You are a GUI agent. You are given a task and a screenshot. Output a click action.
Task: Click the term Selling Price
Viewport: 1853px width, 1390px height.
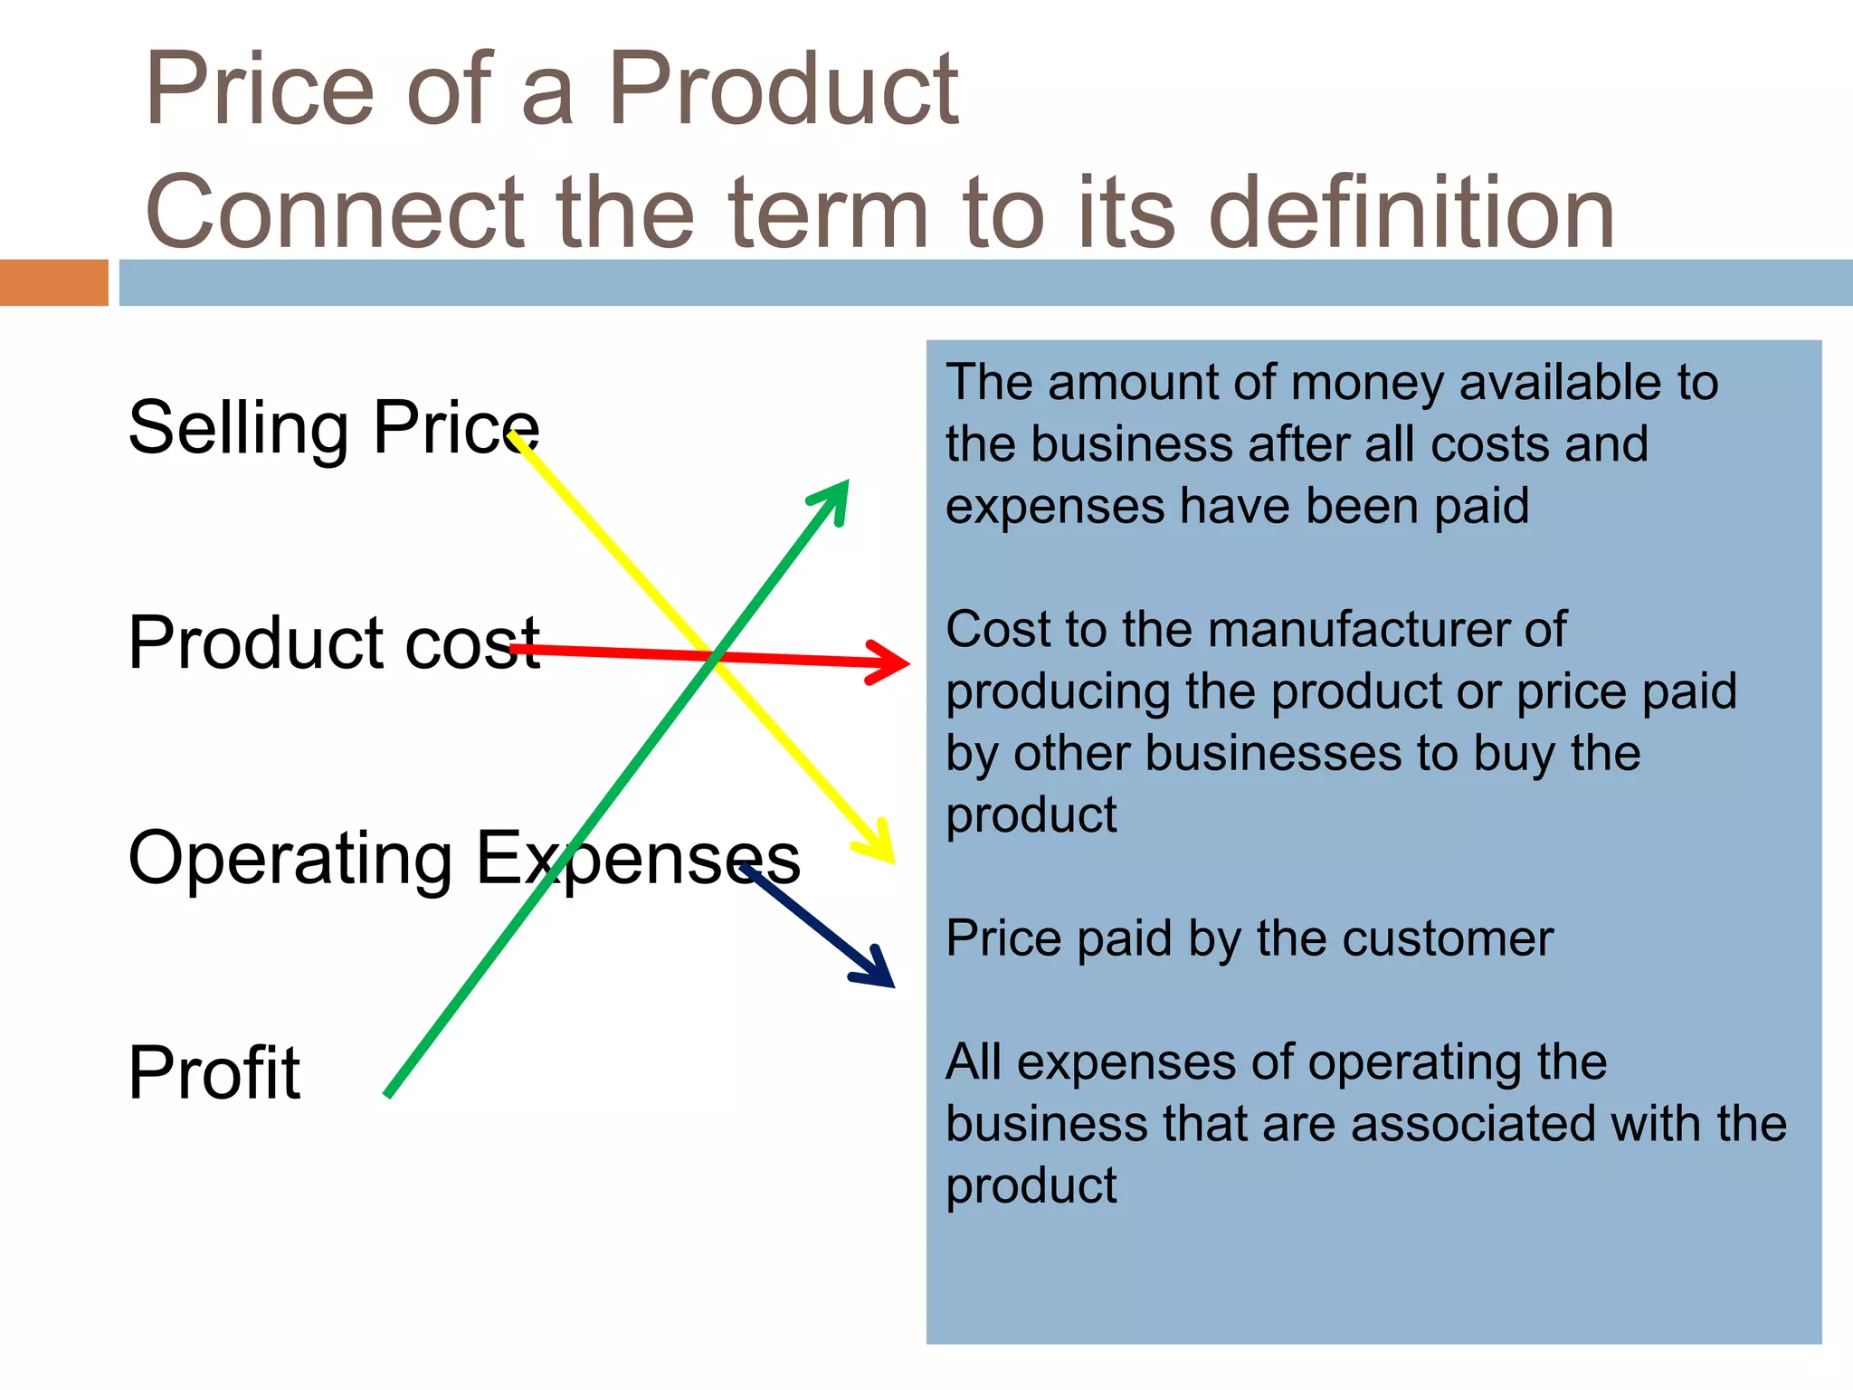[333, 427]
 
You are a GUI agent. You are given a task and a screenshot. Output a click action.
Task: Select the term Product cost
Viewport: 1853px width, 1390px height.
[333, 643]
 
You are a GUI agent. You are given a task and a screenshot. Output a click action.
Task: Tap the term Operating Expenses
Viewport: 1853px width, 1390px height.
[463, 858]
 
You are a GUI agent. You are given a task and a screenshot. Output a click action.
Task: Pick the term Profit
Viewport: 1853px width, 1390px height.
[214, 1072]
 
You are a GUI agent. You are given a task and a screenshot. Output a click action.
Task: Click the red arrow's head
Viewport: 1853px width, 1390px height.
[896, 663]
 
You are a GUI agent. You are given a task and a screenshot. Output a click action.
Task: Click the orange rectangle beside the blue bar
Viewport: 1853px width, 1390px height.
[53, 282]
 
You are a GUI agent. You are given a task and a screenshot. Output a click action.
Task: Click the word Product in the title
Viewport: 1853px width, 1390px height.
[782, 89]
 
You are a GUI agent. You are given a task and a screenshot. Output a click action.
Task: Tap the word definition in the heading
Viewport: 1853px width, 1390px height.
[1411, 212]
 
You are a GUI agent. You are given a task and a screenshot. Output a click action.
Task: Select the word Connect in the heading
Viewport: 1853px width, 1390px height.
[335, 212]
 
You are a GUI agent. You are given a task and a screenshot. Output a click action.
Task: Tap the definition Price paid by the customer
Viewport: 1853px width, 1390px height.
[1249, 938]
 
